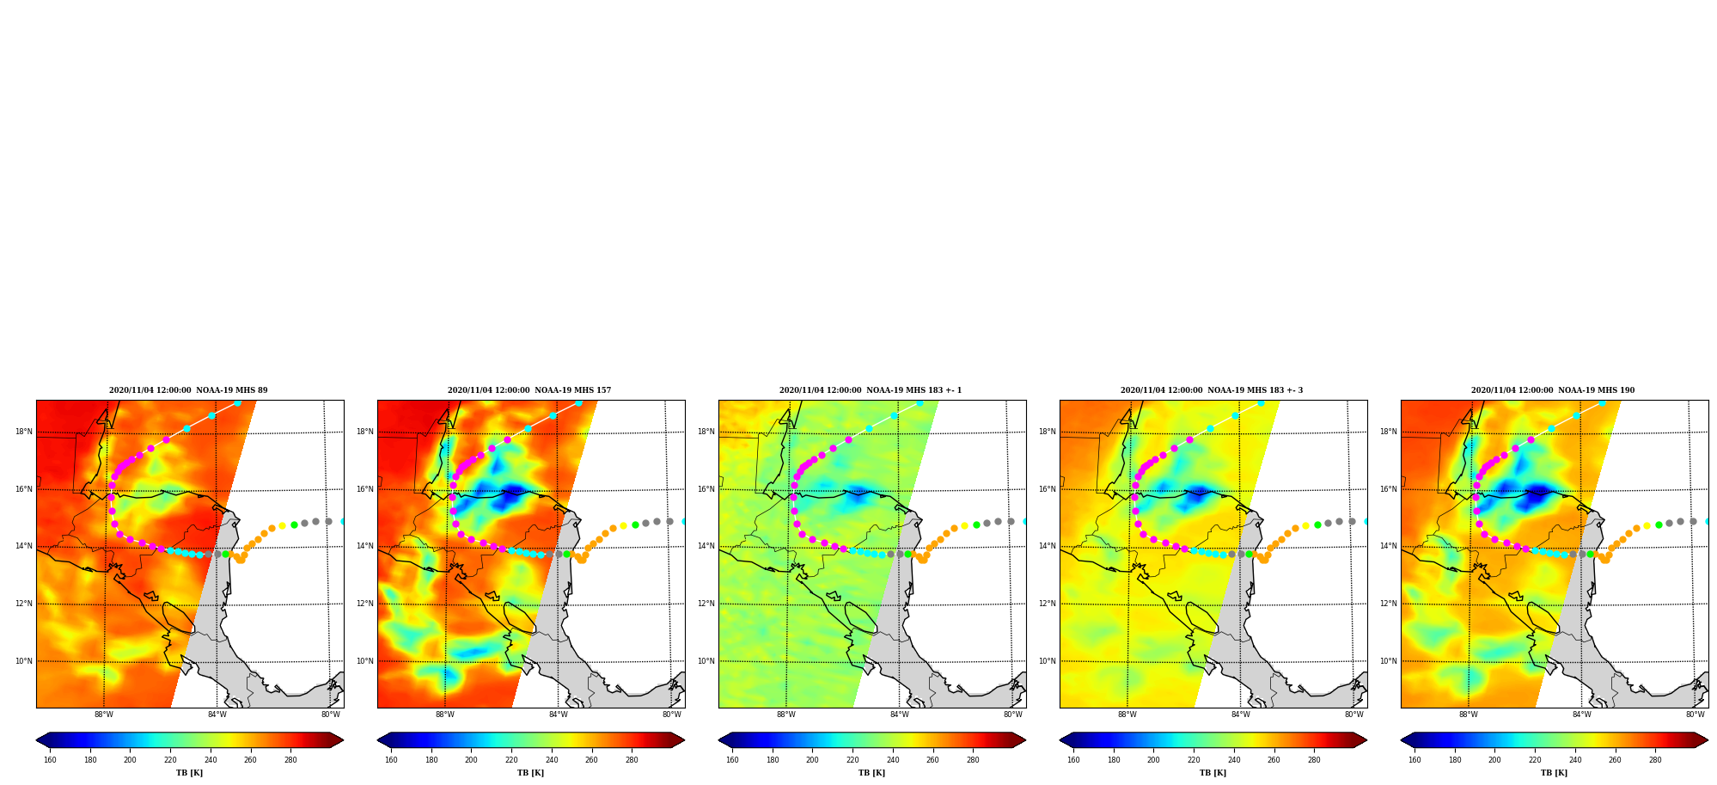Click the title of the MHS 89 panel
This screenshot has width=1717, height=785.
(x=188, y=390)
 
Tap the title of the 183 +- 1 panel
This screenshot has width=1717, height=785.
(x=871, y=390)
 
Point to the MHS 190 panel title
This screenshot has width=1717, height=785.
(x=1553, y=390)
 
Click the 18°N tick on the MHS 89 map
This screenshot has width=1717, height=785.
(x=24, y=432)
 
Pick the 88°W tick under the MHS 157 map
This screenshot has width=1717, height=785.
(x=445, y=714)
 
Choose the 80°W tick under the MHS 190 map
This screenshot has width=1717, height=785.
(x=1696, y=714)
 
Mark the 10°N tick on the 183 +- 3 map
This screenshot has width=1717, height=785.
(x=1048, y=661)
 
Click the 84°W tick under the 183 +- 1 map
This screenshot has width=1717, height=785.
(x=900, y=714)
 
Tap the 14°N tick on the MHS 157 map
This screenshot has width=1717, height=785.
(x=365, y=546)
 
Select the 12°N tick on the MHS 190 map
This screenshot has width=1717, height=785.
(x=1389, y=604)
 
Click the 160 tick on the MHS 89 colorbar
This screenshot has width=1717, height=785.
(x=50, y=760)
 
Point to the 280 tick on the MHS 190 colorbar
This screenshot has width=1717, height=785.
(x=1655, y=760)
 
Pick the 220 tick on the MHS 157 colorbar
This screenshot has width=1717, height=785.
(x=511, y=760)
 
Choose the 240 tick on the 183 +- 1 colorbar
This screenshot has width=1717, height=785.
(x=893, y=760)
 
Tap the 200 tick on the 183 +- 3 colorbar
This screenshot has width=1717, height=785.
(x=1153, y=760)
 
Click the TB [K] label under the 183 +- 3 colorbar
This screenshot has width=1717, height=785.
(x=1213, y=773)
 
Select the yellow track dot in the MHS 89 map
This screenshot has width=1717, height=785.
(x=282, y=525)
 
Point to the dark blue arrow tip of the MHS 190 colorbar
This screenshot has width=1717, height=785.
(x=1402, y=739)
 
